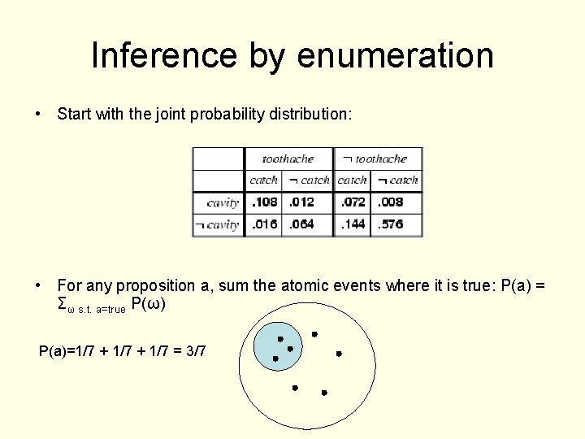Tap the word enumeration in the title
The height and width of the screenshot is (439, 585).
(395, 56)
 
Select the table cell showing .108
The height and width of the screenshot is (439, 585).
(264, 202)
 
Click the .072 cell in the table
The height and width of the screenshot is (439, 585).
(352, 202)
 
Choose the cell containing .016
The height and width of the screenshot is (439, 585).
(264, 224)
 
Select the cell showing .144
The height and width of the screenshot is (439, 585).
(352, 224)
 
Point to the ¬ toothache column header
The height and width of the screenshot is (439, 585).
(375, 159)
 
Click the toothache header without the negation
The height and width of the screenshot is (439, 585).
(287, 159)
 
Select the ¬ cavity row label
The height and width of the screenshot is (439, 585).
(217, 224)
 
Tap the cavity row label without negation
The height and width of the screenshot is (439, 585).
(223, 202)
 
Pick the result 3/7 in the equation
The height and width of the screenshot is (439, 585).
(196, 351)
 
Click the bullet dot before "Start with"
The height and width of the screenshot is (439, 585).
(39, 115)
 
